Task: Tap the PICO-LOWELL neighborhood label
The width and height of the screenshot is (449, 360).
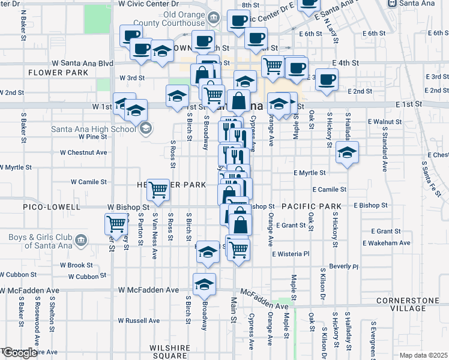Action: click(x=51, y=207)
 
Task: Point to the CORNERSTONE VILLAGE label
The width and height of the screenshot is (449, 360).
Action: click(x=410, y=304)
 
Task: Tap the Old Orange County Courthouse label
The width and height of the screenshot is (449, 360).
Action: click(x=175, y=19)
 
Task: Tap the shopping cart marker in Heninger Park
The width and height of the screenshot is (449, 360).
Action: click(x=158, y=190)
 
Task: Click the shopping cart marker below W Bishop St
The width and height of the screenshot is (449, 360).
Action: click(x=115, y=224)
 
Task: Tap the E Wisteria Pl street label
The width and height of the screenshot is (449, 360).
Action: click(x=290, y=254)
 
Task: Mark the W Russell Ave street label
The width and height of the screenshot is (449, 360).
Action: click(x=139, y=320)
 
